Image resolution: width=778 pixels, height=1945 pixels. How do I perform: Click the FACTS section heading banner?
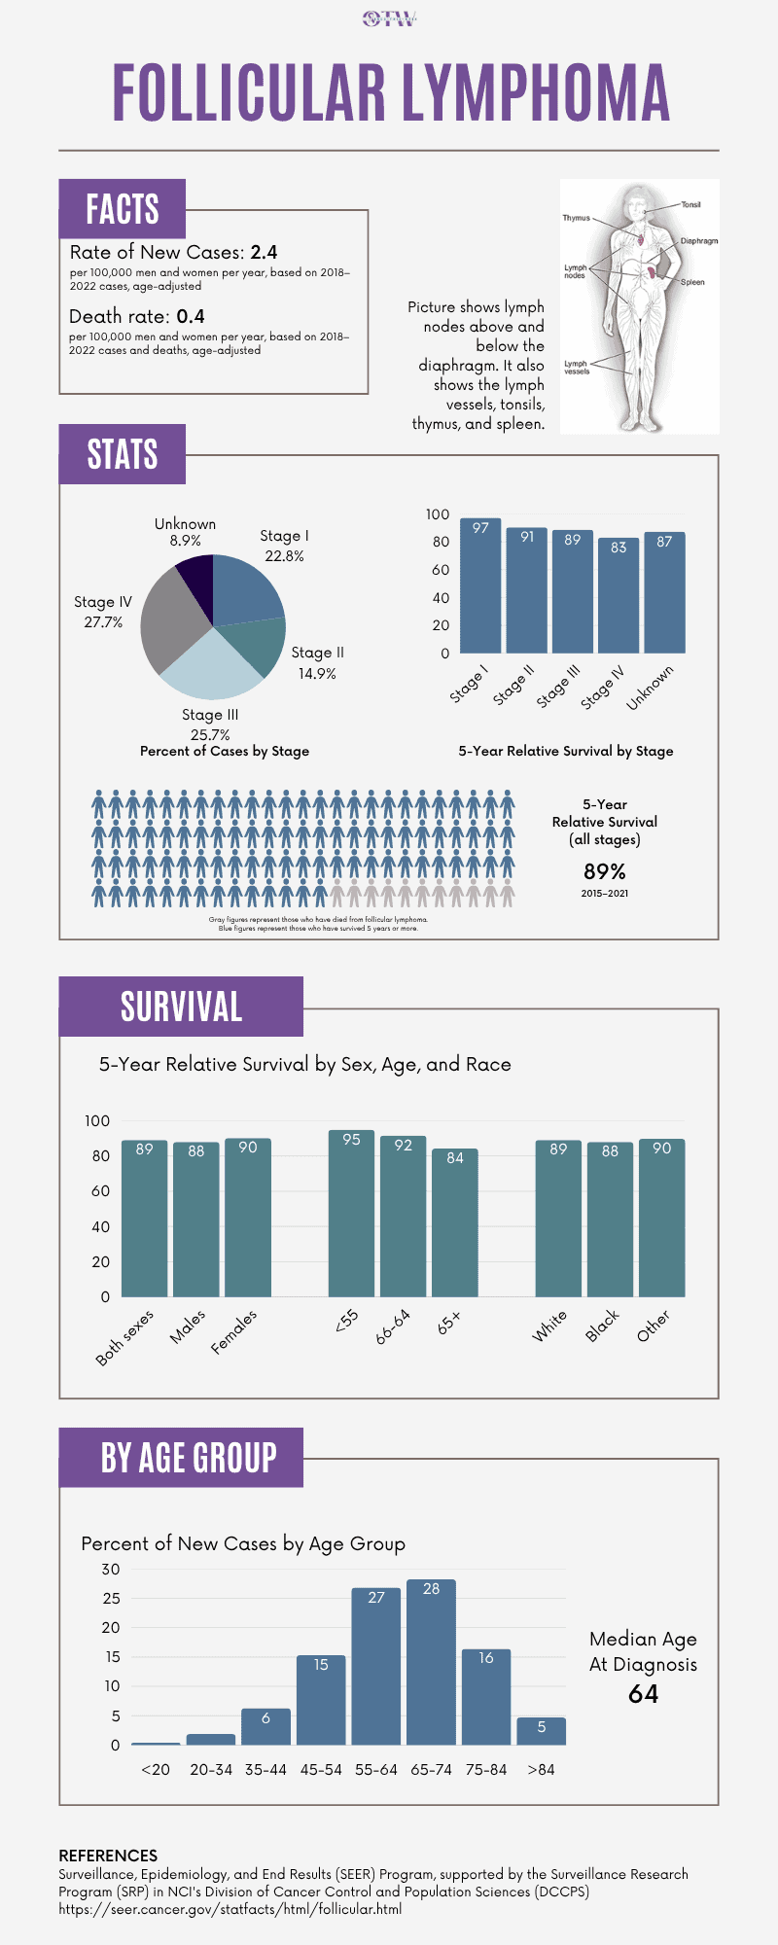tap(122, 209)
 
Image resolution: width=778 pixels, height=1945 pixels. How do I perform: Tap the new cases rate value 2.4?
tap(264, 253)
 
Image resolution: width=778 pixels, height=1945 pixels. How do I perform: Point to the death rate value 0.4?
tap(191, 317)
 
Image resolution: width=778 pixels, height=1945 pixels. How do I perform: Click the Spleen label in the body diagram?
tap(692, 282)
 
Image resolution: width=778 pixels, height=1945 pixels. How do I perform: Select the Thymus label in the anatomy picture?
tap(576, 218)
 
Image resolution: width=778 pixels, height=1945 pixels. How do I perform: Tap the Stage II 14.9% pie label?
tap(317, 663)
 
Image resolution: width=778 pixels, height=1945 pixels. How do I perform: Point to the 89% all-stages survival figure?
tap(604, 871)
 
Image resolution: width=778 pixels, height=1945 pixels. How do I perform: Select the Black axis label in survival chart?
tap(602, 1326)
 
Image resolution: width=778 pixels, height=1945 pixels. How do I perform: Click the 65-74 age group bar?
tap(431, 1662)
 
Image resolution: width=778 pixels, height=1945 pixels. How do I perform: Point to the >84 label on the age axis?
tap(541, 1769)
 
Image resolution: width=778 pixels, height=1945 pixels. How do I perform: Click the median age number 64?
tap(643, 1694)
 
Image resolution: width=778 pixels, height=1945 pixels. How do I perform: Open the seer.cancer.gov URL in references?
tap(230, 1909)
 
